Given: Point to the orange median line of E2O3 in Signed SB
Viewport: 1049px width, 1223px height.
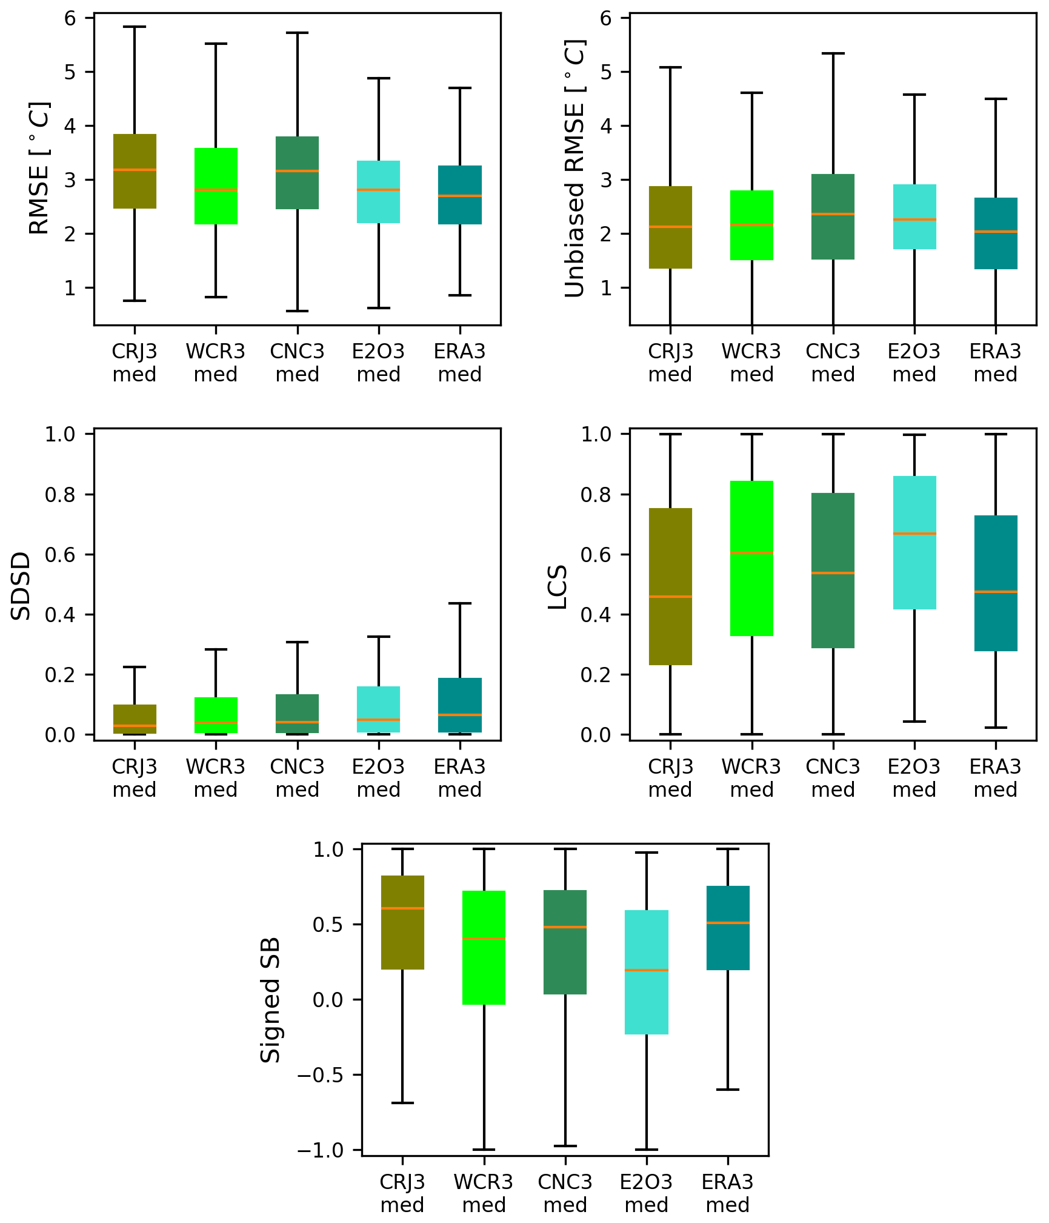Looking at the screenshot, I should pos(647,970).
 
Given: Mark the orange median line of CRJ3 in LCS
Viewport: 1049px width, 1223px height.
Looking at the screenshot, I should pos(670,597).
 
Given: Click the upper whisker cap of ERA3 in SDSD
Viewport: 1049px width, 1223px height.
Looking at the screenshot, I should pos(460,603).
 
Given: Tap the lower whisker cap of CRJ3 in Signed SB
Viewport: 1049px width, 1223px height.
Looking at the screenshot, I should pos(402,1103).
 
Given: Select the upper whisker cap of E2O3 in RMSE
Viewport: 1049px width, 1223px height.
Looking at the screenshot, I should pos(379,78).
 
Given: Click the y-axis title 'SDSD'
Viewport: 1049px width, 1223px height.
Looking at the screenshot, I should pos(22,586).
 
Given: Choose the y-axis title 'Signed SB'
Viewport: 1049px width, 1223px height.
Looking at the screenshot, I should pos(270,1000).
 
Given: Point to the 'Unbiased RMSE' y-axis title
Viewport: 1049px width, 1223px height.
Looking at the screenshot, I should pos(574,169).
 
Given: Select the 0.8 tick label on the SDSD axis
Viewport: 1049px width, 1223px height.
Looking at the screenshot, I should pos(59,495).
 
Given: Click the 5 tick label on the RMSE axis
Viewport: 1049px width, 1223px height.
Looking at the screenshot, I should pos(70,72).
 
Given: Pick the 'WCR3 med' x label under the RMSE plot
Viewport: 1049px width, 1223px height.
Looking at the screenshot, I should pos(216,363).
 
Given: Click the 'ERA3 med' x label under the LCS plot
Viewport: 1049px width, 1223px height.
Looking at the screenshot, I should pos(996,778).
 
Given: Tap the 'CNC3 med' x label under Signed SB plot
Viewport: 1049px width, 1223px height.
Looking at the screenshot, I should pos(565,1193).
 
